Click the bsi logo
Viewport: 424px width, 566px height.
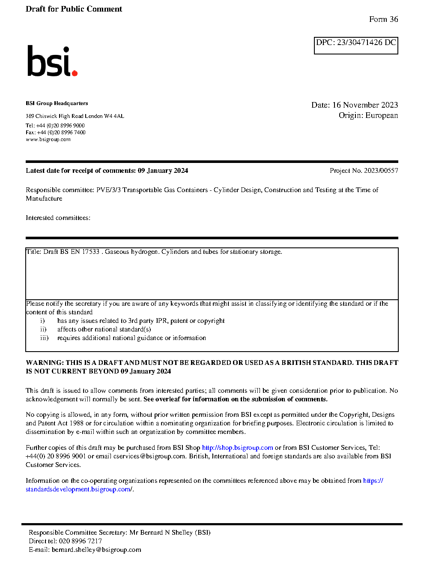point(52,61)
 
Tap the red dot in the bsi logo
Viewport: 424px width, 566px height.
point(75,73)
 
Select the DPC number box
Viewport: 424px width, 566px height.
point(356,45)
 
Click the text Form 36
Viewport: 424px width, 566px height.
point(383,19)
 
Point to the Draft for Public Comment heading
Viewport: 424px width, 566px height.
point(74,9)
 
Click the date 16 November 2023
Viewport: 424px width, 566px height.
point(365,105)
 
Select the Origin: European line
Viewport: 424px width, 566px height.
point(368,115)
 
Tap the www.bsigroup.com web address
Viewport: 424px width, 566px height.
point(48,139)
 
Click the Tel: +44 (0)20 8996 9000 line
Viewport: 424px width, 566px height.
point(55,126)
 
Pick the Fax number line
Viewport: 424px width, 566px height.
point(56,132)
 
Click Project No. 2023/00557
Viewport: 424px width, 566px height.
point(364,171)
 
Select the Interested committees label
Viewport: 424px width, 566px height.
point(58,218)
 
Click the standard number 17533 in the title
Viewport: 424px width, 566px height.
point(91,252)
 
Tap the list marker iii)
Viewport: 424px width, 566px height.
point(45,338)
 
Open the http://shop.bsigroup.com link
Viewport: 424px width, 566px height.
point(237,448)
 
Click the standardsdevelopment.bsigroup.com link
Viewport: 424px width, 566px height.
point(79,489)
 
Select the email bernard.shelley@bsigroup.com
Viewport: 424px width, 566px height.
point(96,550)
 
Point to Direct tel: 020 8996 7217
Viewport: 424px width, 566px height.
point(65,541)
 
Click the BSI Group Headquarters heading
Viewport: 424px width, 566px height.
point(57,103)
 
